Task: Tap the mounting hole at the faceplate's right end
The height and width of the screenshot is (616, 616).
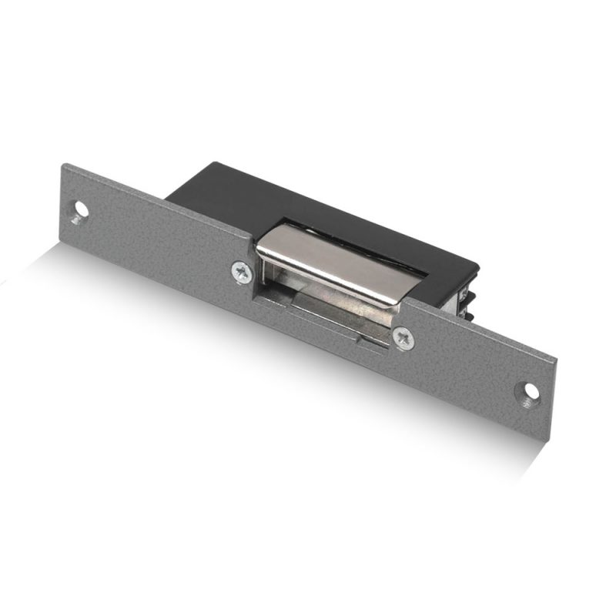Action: coord(530,390)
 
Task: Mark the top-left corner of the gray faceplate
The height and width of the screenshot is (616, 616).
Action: coord(65,164)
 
